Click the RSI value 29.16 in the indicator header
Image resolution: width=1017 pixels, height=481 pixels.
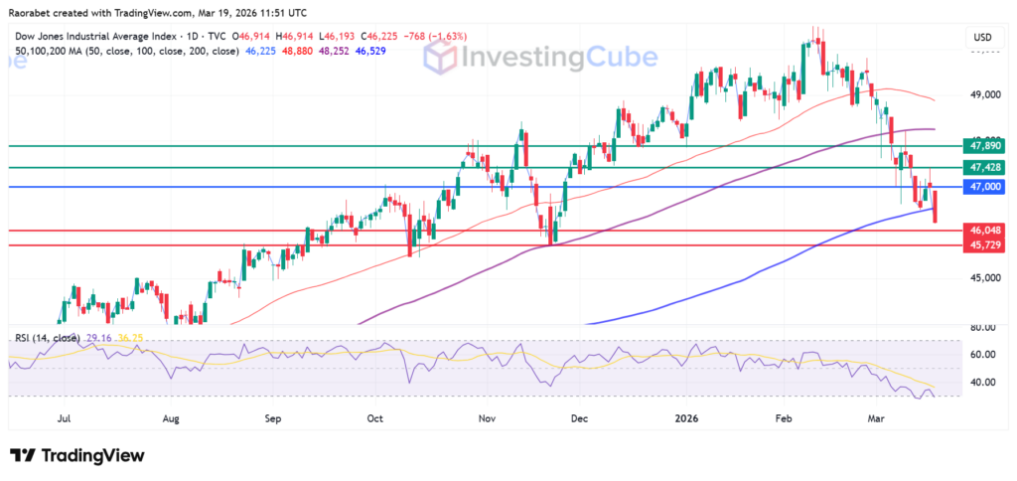point(98,338)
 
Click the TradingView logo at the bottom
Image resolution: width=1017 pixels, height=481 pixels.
point(77,455)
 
